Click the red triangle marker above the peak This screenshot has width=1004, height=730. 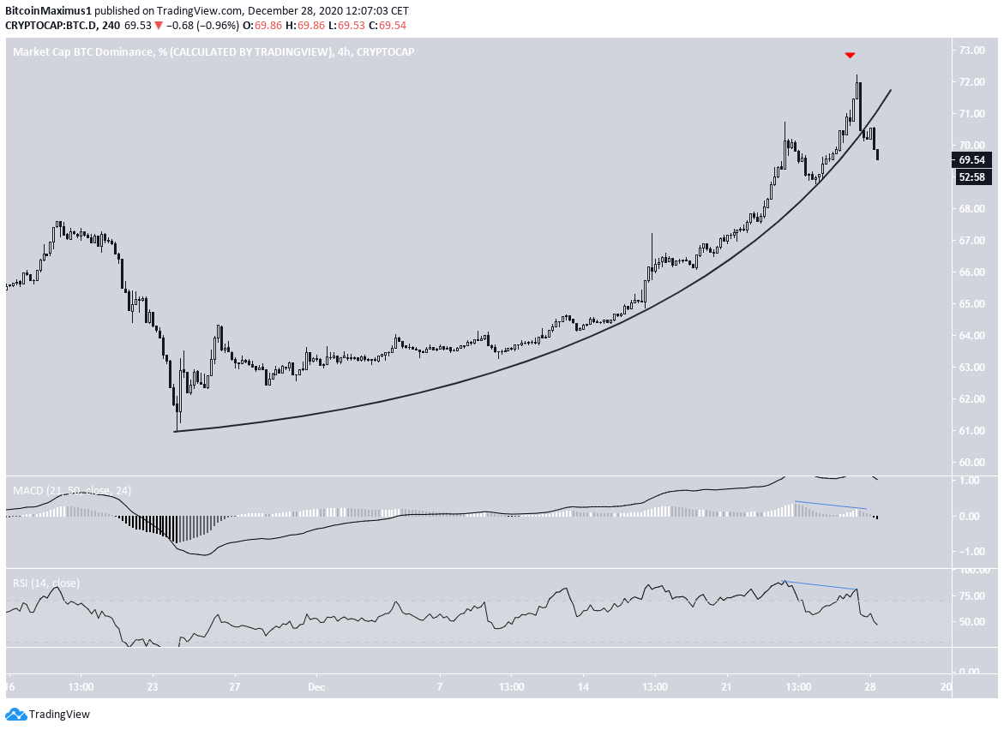850,56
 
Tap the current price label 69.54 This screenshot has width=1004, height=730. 971,160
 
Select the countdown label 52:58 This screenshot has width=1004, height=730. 971,177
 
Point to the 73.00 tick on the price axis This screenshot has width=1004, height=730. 971,51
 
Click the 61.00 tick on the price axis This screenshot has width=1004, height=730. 971,431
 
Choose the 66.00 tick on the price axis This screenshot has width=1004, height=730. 971,272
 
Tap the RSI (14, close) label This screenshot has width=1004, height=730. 45,583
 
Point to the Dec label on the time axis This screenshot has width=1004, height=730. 316,687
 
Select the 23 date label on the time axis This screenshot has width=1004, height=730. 153,687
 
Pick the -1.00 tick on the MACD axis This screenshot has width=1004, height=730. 969,551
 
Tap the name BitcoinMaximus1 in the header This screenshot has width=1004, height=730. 48,11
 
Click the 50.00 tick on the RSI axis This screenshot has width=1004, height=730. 971,622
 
